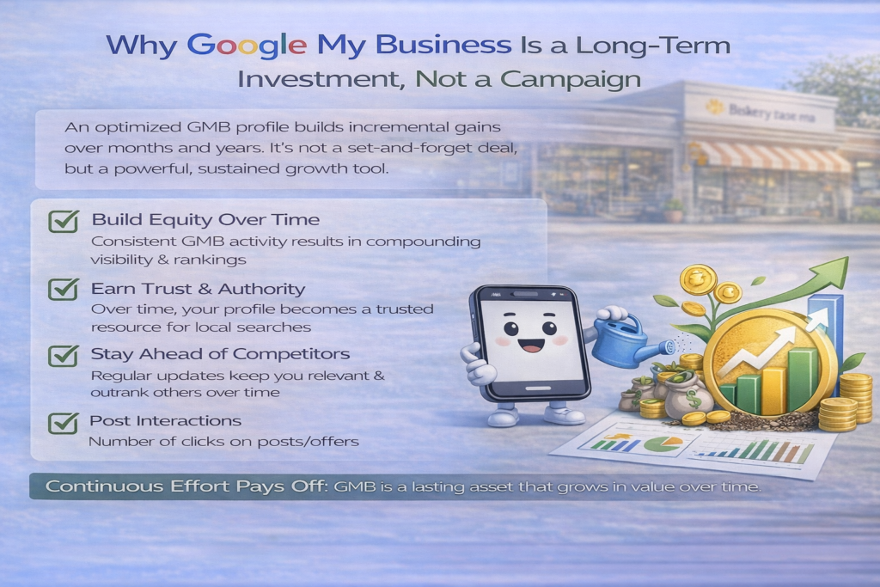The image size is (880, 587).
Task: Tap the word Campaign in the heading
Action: point(571,80)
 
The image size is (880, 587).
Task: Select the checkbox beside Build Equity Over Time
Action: point(64,221)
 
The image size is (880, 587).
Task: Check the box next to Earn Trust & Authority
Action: point(64,289)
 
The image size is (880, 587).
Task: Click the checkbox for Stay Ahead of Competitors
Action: point(64,355)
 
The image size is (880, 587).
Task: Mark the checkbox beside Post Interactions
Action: point(64,423)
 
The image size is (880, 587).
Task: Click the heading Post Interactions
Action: point(166,420)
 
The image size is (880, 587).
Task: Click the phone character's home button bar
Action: point(537,388)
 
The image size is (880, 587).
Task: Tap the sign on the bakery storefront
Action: point(762,112)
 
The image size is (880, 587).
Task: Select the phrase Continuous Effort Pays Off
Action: point(186,486)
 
